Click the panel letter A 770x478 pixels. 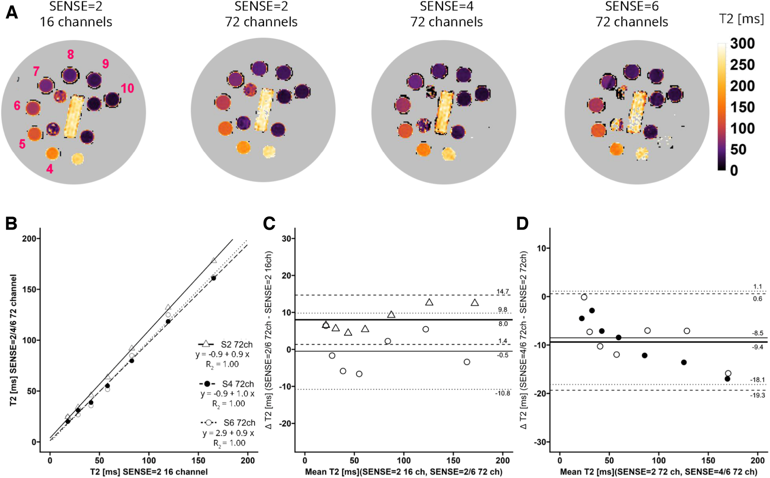point(12,13)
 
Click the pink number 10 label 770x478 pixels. point(127,88)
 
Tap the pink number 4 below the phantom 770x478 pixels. point(50,169)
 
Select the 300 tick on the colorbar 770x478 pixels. point(742,44)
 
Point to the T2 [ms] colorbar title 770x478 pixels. point(741,19)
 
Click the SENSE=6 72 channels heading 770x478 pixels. point(631,14)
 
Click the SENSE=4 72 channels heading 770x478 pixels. point(446,14)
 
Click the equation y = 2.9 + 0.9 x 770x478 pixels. point(228,433)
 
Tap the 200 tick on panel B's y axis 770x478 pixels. point(29,239)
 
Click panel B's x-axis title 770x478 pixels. point(149,472)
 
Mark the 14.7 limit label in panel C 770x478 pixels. point(502,292)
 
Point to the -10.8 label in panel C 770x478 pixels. point(502,393)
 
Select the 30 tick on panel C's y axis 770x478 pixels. point(286,239)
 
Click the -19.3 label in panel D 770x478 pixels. point(757,395)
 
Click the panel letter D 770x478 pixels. point(522,223)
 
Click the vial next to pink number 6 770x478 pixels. point(33,108)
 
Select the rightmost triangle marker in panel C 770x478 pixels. point(475,303)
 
